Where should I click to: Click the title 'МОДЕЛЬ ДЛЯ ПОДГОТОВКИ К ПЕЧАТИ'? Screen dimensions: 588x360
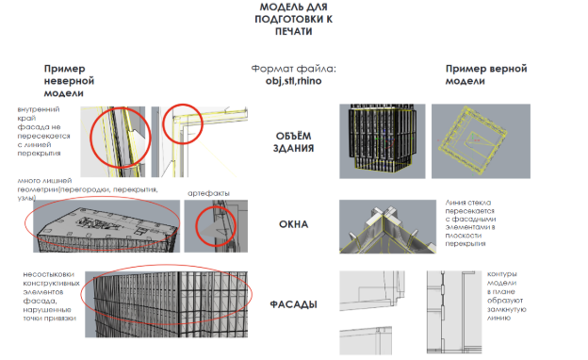pos(294,19)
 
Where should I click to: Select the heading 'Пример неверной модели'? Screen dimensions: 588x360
pos(69,81)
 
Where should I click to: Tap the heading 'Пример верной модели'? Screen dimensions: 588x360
pos(486,74)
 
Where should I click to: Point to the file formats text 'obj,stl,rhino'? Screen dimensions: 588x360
pos(294,81)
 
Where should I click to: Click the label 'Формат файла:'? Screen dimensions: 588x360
pos(294,69)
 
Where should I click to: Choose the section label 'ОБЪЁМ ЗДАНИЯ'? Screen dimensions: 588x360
pos(294,142)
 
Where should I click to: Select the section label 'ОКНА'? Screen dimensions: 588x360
pos(294,224)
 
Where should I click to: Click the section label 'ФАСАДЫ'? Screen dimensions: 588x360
pos(294,304)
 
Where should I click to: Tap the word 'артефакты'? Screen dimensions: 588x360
pos(208,193)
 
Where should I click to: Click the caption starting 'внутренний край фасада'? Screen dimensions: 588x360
pos(43,131)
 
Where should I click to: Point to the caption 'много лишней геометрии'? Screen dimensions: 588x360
pos(88,189)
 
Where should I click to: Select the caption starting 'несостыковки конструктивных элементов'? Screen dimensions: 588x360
pos(51,296)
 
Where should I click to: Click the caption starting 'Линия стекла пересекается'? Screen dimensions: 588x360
pos(470,222)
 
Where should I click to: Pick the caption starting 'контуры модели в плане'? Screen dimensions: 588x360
pos(507,296)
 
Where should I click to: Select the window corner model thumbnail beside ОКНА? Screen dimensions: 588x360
pos(387,226)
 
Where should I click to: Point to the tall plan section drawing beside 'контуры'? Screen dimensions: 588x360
pos(454,312)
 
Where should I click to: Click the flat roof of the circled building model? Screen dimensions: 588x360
pos(108,222)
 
